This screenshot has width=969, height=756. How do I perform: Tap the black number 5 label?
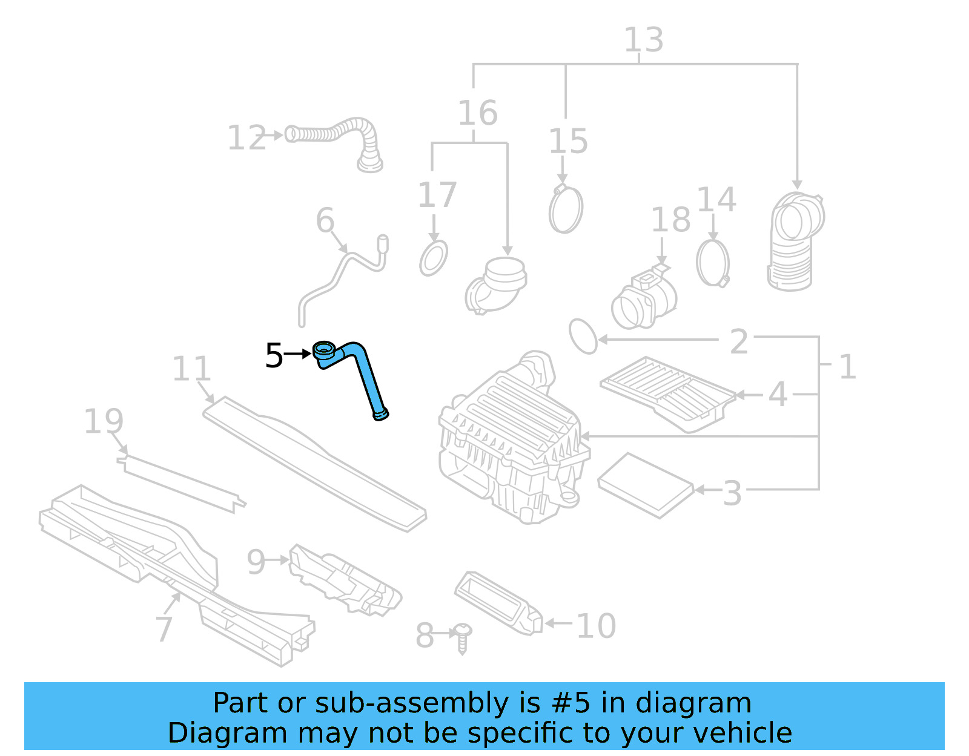coord(274,355)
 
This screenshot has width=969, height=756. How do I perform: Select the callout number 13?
coord(643,41)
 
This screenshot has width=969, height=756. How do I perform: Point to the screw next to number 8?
coord(463,637)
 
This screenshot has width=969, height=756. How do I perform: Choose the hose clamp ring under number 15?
coord(566,209)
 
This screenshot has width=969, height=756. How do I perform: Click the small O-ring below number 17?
coord(434,258)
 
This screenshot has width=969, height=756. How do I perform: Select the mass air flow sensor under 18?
coord(643,298)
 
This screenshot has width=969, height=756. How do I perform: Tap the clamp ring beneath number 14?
coord(713,263)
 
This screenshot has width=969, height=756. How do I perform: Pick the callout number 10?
coord(596,626)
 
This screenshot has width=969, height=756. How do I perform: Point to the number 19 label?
coord(104,421)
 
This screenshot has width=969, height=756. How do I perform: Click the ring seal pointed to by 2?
coord(583,337)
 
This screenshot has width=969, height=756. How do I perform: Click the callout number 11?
coord(191,369)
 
